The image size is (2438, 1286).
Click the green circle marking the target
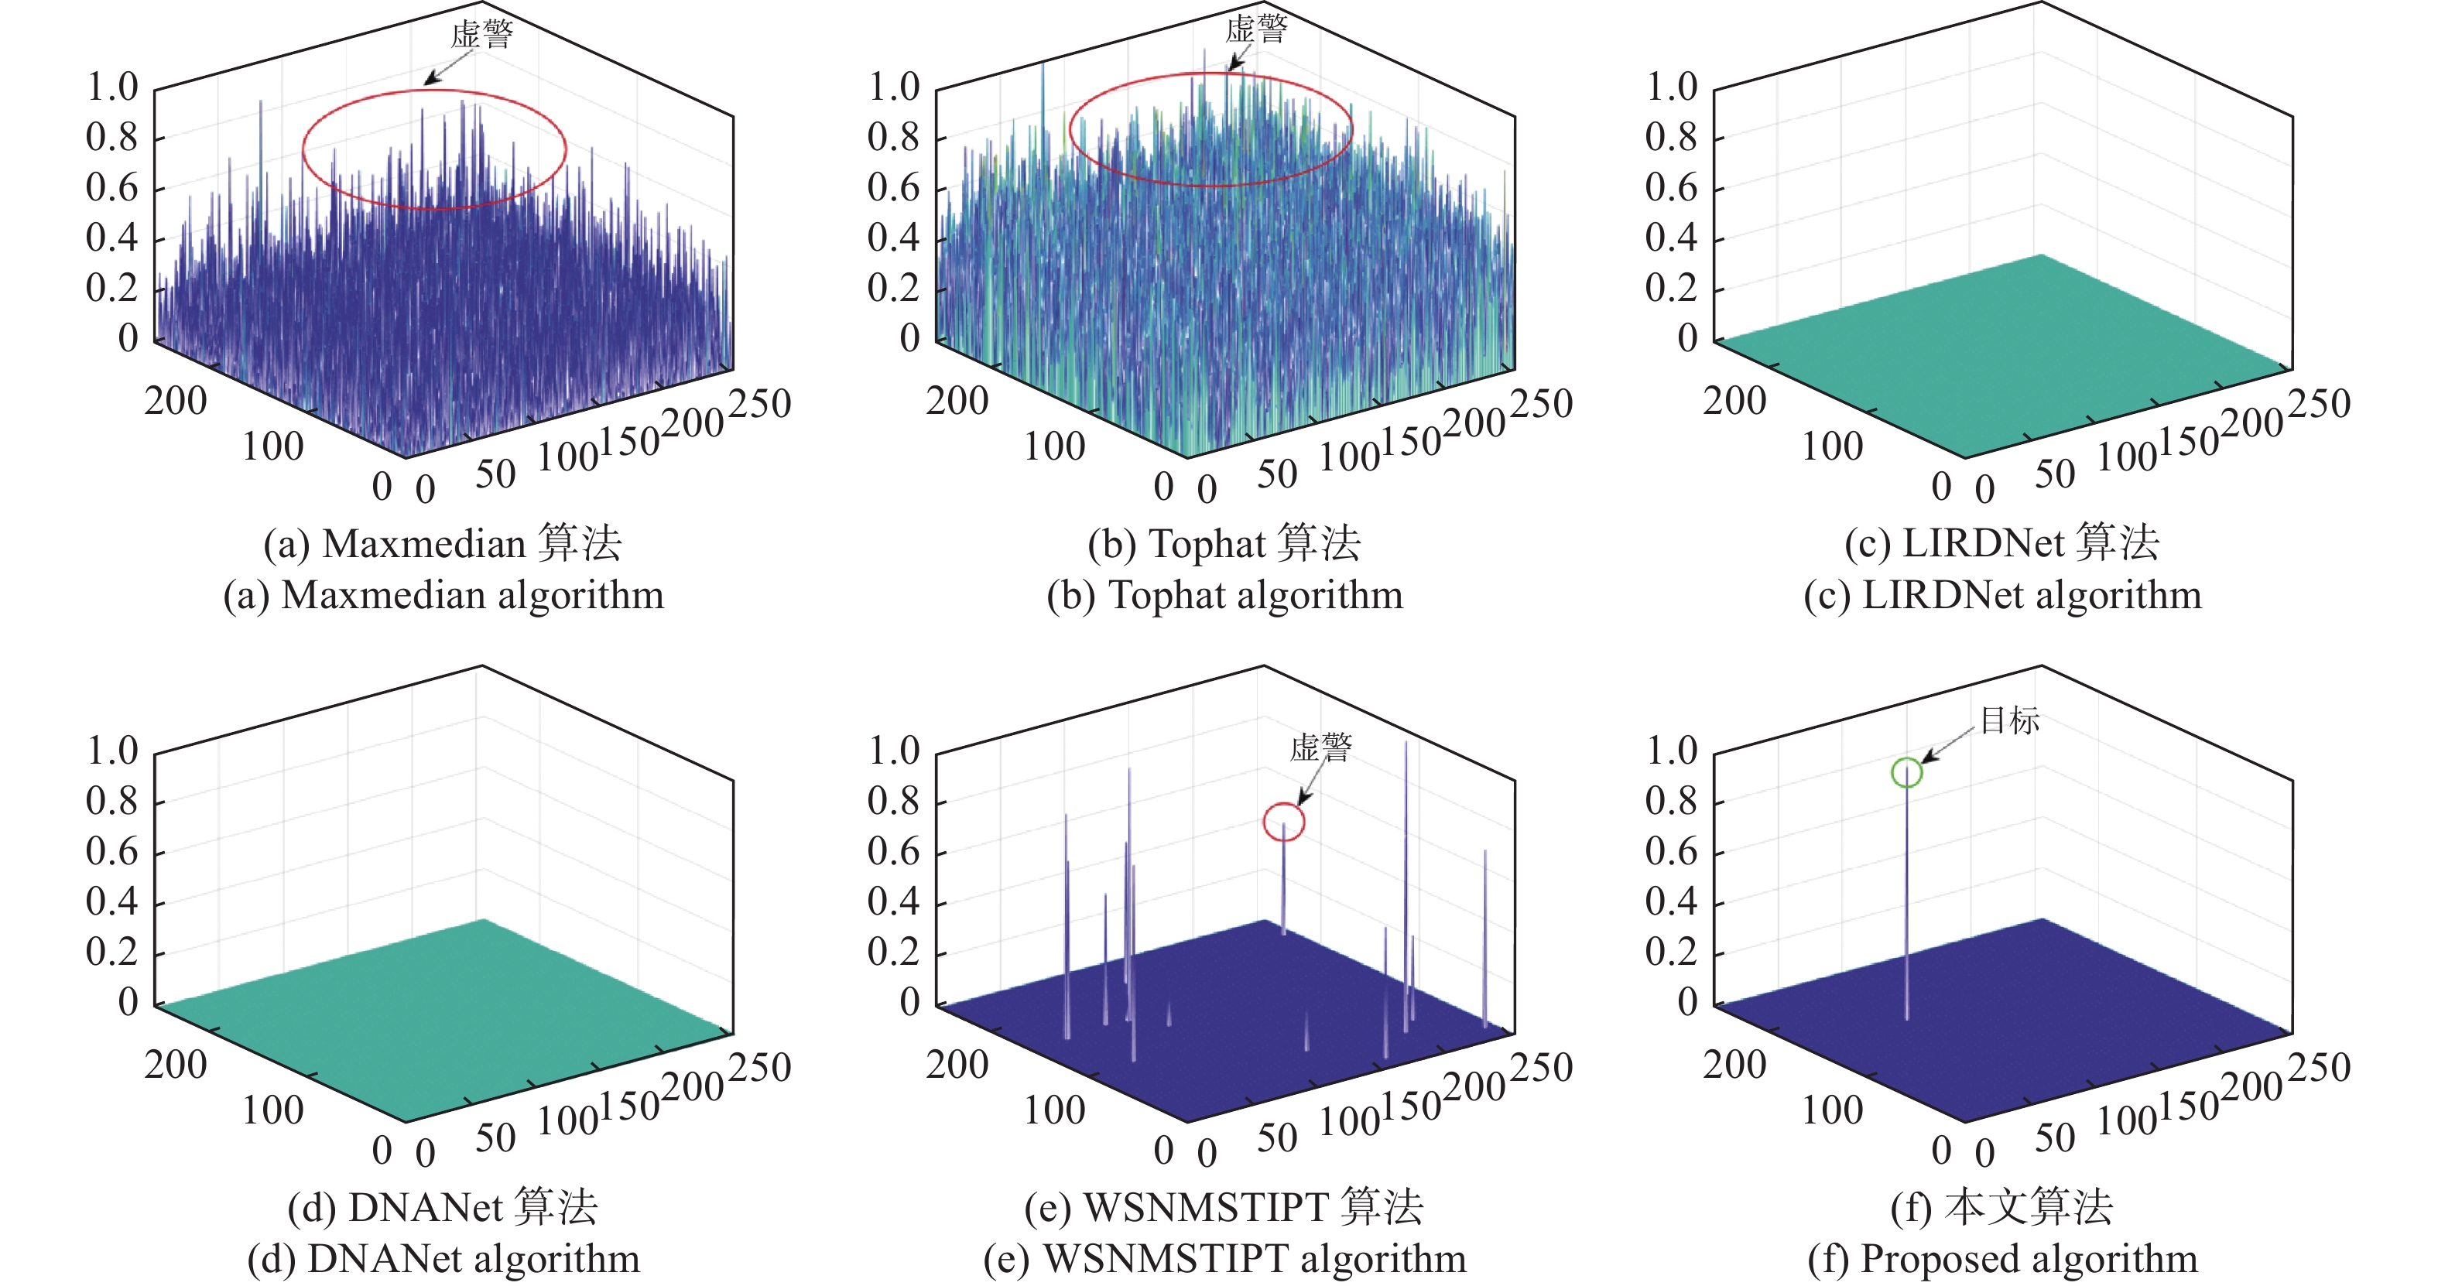1906,772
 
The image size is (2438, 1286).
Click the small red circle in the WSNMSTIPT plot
1283,822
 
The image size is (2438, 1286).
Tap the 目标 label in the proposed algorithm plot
2009,720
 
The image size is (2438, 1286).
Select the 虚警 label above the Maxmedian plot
481,35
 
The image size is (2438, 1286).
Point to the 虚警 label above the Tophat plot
1256,29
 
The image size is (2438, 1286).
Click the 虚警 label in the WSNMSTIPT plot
1320,747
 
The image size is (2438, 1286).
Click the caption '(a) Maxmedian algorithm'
444,595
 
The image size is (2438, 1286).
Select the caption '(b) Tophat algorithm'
1224,595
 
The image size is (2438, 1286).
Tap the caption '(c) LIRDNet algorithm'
2003,595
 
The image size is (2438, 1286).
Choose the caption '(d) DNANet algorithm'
444,1259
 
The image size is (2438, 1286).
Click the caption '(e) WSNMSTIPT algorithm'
1224,1259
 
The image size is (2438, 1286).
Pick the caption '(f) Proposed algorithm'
2003,1259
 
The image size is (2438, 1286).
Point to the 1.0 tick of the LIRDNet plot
1672,87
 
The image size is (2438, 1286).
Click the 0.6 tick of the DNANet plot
111,852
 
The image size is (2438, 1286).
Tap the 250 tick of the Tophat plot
1542,404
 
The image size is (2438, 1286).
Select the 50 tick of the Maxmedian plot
495,474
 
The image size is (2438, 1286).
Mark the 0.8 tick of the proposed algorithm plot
1672,802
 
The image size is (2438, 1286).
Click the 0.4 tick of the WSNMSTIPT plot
893,901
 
